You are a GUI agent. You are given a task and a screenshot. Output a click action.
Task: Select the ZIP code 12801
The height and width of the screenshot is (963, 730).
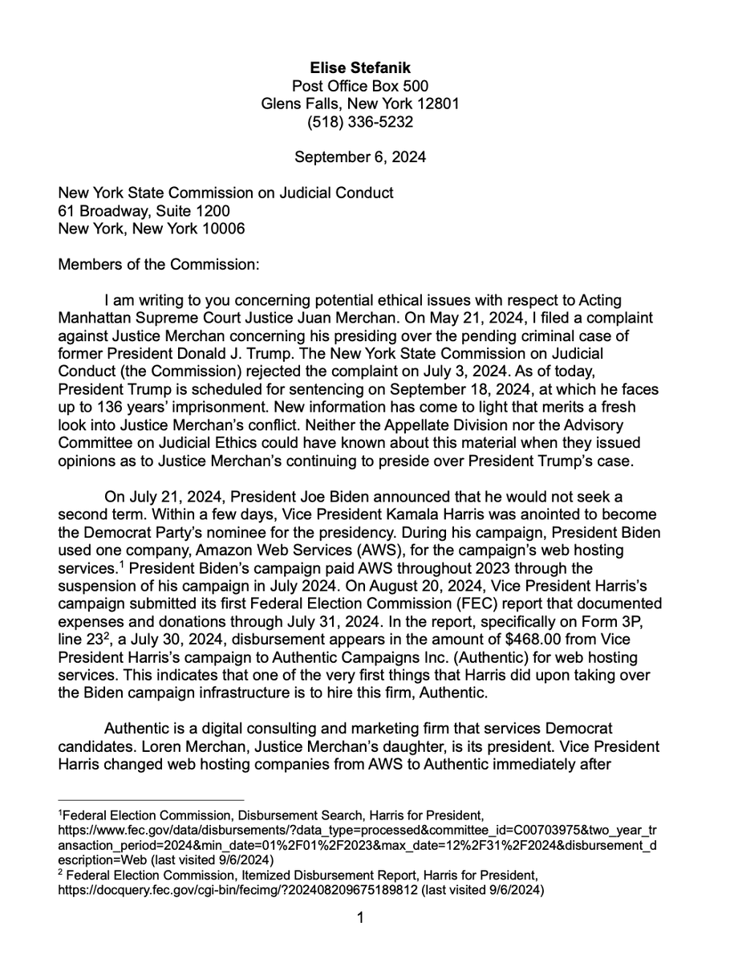[440, 104]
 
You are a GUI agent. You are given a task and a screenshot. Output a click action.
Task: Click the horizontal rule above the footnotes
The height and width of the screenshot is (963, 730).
[151, 798]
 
